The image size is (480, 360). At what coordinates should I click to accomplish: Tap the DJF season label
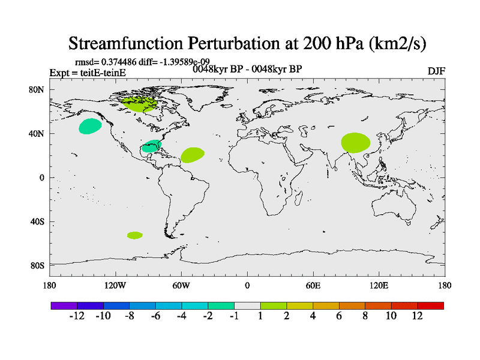[x=436, y=71]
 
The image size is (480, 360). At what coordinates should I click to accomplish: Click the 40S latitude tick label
[x=37, y=221]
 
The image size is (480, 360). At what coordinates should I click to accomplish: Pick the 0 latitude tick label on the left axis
[x=43, y=178]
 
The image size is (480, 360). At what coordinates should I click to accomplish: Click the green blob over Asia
[x=356, y=143]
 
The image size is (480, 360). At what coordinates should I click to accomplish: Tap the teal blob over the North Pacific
[x=90, y=126]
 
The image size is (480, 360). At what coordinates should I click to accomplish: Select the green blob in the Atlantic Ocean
[x=192, y=155]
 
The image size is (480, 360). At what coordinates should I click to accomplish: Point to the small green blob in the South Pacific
[x=135, y=235]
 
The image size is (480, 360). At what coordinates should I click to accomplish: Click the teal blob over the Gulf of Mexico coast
[x=152, y=146]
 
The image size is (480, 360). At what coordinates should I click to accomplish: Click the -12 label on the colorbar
[x=77, y=317]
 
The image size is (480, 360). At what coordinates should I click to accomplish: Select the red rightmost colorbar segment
[x=431, y=305]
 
